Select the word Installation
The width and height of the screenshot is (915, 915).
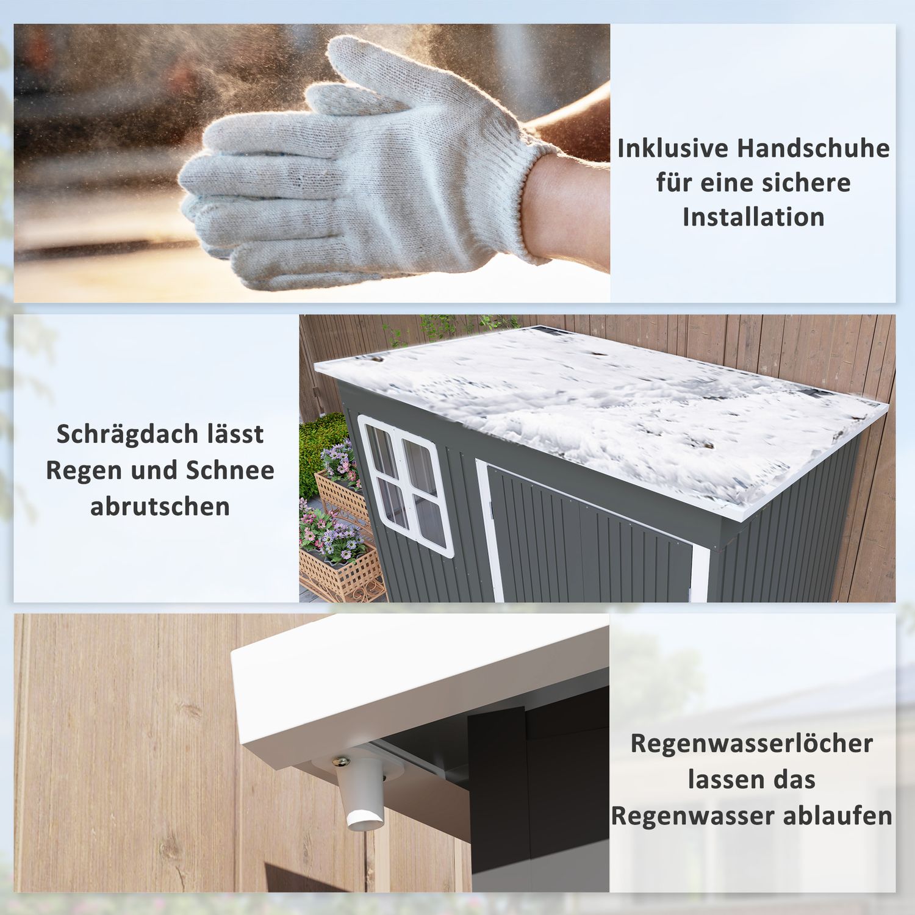click(753, 217)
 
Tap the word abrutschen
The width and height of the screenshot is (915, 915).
click(160, 506)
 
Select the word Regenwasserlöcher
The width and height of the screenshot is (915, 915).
click(752, 744)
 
